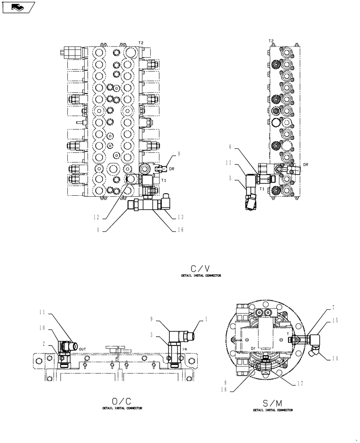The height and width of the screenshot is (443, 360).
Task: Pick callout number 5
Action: pyautogui.click(x=230, y=179)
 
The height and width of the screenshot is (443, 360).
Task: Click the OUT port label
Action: pyautogui.click(x=82, y=349)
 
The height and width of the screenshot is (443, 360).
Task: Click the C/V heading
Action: pyautogui.click(x=200, y=268)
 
